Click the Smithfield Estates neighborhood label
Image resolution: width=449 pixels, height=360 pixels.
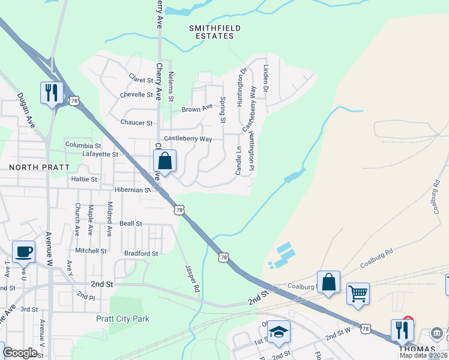211,32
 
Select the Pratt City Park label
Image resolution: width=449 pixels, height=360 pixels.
122,319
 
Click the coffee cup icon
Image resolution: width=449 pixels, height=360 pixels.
23,251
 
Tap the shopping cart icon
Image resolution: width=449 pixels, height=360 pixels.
358,294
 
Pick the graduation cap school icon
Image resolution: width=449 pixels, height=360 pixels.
279,331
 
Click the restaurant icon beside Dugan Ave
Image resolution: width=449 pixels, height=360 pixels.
51,92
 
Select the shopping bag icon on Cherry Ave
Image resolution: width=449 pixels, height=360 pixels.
164,161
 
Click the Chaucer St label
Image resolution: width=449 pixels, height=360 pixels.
136,123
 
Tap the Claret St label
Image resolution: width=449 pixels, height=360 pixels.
142,78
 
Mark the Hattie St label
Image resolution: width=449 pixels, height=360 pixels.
84,179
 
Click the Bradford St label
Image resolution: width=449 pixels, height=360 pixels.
140,253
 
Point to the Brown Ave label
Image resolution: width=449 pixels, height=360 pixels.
197,109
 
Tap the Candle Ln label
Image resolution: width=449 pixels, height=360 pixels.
238,157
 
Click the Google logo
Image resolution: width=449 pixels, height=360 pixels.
20,353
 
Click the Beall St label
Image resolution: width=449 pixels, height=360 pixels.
130,223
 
